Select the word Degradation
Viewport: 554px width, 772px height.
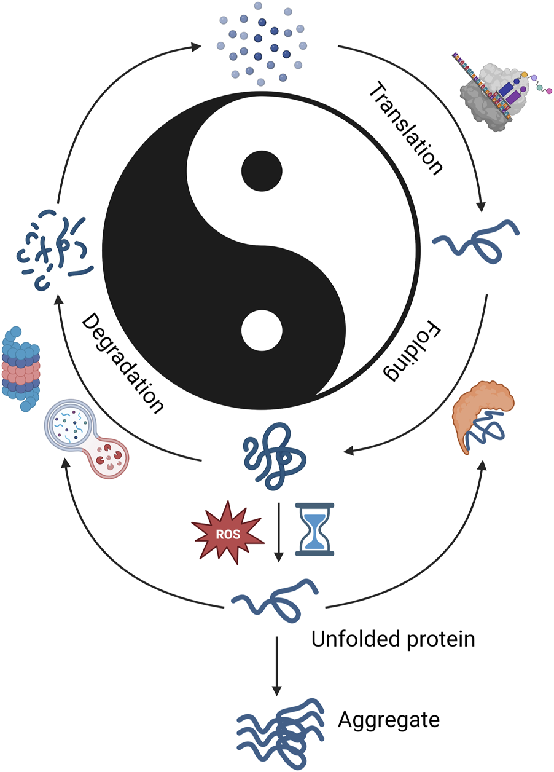[x=123, y=363]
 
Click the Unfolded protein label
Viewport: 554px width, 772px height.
[x=393, y=640]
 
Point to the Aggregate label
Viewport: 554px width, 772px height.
[x=389, y=719]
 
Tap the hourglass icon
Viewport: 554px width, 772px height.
[x=314, y=529]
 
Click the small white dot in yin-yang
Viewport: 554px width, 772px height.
[x=262, y=331]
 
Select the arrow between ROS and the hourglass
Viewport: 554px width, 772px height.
[x=279, y=532]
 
